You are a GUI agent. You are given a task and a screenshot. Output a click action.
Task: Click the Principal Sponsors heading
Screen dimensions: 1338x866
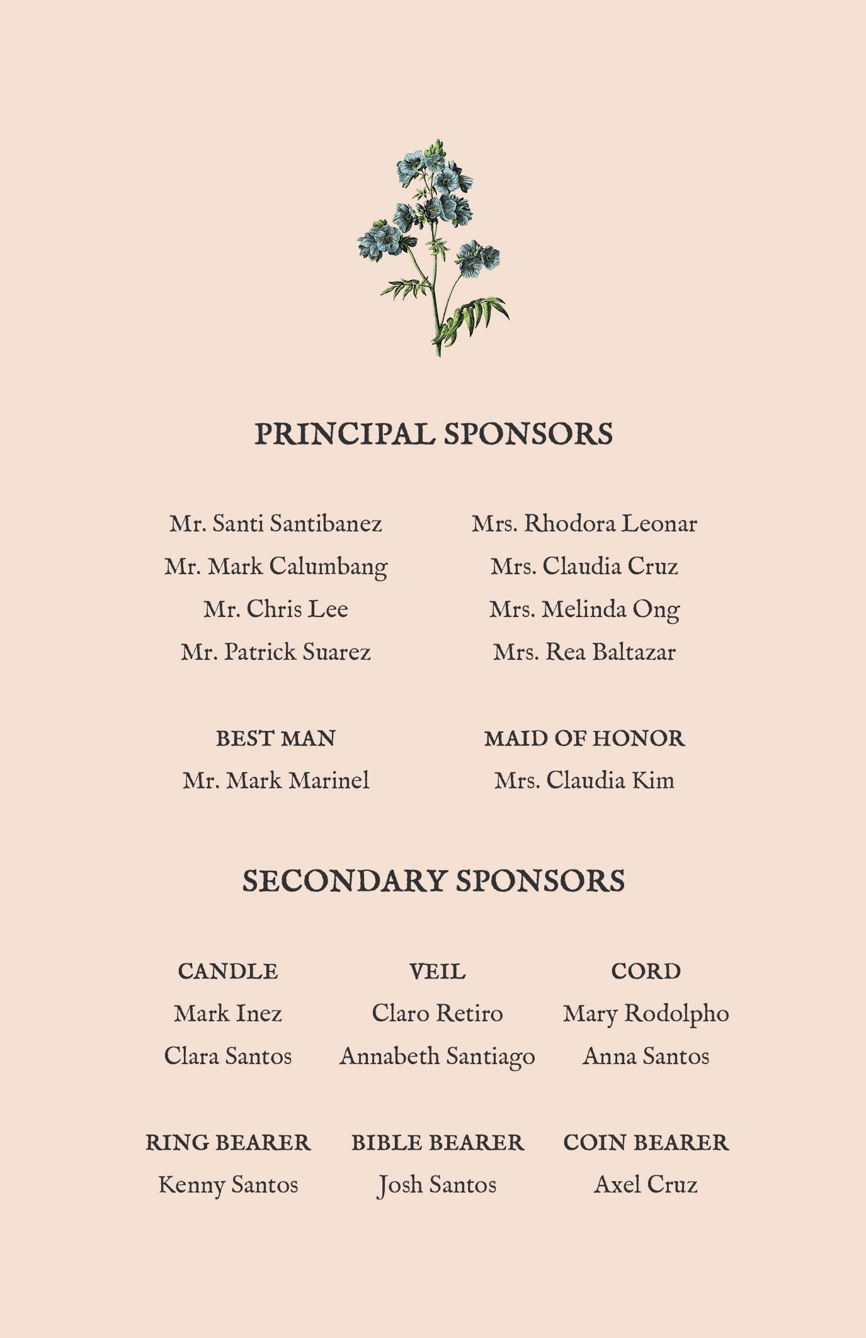coord(433,434)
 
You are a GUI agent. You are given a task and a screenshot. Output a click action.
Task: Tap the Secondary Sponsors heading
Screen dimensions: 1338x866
coord(433,881)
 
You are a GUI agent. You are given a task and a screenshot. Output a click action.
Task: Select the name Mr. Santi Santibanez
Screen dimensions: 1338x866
coord(276,524)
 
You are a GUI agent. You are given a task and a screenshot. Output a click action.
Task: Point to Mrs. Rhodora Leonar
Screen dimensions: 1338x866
coord(584,524)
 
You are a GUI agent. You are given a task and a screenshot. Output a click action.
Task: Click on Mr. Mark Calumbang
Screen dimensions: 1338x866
coord(276,567)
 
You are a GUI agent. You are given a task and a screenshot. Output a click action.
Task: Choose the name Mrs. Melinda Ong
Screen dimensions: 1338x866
coord(584,609)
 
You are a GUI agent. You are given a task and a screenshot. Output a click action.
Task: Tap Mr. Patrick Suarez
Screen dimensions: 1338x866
coord(276,652)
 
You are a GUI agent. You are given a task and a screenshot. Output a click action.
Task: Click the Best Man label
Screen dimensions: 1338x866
coord(276,739)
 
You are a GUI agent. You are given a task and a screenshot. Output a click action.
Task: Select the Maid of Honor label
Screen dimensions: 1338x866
coord(584,739)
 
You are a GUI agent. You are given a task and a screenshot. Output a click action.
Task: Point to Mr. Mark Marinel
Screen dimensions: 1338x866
coord(276,781)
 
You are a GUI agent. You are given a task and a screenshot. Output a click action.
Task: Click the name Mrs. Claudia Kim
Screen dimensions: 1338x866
coord(584,781)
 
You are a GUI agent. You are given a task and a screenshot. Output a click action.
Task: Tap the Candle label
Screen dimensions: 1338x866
coord(228,972)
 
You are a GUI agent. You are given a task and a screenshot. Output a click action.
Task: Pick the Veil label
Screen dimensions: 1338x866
coord(437,972)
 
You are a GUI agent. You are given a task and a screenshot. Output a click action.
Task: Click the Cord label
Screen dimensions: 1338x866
coord(646,972)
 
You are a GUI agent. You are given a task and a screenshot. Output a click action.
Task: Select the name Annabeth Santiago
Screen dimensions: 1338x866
coord(437,1057)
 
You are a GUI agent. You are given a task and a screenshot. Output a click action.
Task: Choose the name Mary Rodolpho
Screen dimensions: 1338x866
coord(646,1014)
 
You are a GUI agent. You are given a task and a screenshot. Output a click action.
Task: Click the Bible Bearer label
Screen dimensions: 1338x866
coord(437,1143)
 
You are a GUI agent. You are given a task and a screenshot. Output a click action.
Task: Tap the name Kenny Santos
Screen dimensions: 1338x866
coord(228,1185)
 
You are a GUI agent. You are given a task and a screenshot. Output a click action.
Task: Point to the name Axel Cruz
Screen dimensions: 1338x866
coord(646,1185)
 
